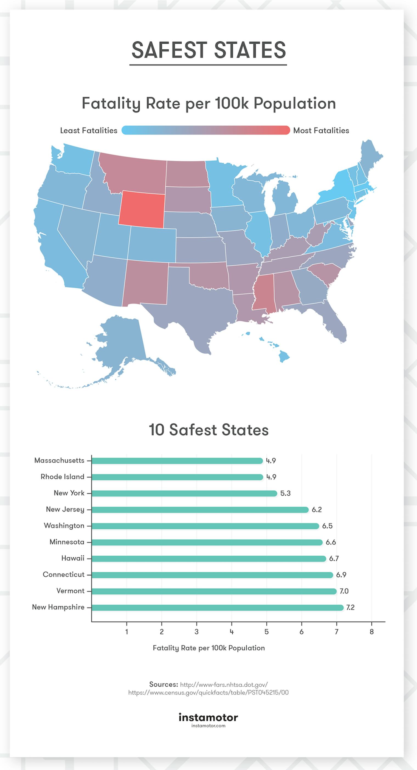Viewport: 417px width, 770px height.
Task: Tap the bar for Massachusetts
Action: pos(177,461)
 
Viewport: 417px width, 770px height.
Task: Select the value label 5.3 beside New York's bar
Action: pos(285,493)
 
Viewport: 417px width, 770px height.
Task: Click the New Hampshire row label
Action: pos(58,607)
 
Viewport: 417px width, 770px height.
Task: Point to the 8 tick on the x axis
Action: pos(371,632)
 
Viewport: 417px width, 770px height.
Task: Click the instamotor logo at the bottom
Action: pos(208,717)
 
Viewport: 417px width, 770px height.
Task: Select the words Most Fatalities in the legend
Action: pos(321,130)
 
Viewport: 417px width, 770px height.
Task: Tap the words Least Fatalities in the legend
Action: pos(89,130)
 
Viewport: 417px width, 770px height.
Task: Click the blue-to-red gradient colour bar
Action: pos(206,130)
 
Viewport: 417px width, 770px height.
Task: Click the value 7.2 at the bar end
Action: pos(350,607)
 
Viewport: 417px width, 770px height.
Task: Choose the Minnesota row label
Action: pos(67,542)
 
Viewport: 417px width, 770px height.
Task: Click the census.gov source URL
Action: pos(208,692)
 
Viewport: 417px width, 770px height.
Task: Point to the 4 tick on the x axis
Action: pos(232,632)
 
